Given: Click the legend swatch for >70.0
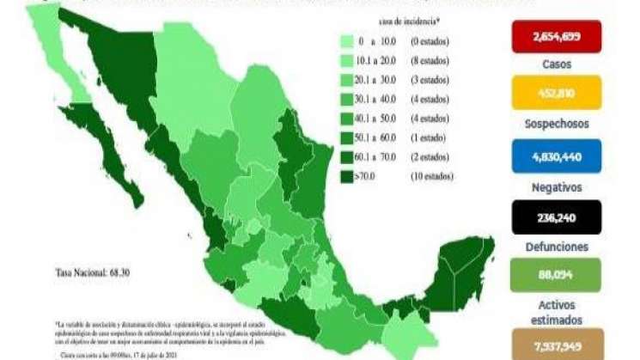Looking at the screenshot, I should pyautogui.click(x=349, y=177).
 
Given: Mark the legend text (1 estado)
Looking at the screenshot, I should pyautogui.click(x=430, y=138).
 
